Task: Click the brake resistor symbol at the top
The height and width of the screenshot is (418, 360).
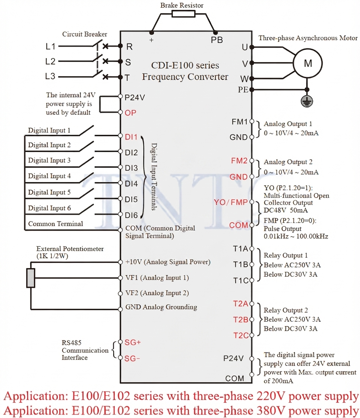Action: click(x=183, y=13)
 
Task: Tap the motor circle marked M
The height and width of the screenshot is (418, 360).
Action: click(x=308, y=63)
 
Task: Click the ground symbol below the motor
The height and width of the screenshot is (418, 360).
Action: click(x=307, y=101)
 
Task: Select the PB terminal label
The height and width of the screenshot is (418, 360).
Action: click(x=216, y=40)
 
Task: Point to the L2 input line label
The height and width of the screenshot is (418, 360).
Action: click(x=50, y=61)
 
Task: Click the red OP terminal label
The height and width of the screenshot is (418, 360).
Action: click(x=130, y=113)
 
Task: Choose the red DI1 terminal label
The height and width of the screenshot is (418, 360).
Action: click(x=131, y=137)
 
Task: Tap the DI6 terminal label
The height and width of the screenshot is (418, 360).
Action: click(x=131, y=215)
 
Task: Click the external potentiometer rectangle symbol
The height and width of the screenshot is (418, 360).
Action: click(x=31, y=278)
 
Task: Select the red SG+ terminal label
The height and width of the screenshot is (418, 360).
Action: click(x=132, y=342)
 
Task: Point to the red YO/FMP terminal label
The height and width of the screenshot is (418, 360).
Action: click(x=231, y=202)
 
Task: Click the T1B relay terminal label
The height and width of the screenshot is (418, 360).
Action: click(x=240, y=264)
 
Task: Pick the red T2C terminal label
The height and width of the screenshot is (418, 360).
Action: click(x=241, y=336)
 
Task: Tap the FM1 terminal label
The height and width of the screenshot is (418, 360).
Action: click(x=240, y=122)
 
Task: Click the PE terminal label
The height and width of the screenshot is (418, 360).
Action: click(x=243, y=90)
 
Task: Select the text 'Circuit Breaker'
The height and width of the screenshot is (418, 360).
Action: click(x=84, y=34)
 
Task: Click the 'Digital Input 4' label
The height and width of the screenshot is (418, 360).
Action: click(x=49, y=176)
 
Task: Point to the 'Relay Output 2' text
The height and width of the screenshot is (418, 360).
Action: click(x=286, y=310)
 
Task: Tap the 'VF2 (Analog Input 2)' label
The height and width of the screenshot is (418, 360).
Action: click(x=157, y=293)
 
